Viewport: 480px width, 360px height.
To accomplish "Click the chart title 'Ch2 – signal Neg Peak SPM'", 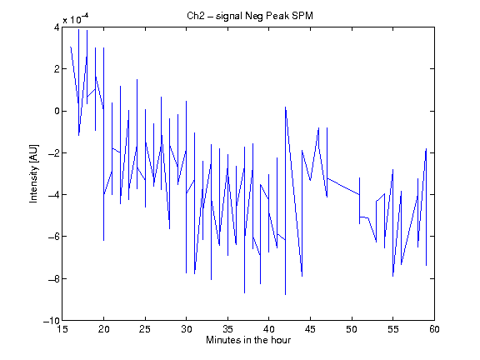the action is pos(250,16).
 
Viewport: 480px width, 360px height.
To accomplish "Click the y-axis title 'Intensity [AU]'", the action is pos(33,173).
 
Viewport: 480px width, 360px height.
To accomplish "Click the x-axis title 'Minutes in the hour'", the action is pos(248,340).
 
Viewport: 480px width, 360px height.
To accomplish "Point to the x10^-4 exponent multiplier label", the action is pos(76,19).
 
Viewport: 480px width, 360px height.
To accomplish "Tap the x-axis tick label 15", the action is pos(62,329).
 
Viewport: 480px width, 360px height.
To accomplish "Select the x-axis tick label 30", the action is pos(187,329).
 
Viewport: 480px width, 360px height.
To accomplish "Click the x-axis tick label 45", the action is pos(310,329).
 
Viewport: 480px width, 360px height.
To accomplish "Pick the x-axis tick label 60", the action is pos(434,329).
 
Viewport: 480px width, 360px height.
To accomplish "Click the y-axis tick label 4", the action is pos(57,27).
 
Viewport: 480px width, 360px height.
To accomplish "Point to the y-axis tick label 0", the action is pos(57,111).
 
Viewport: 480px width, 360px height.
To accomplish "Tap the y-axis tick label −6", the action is pos(53,237).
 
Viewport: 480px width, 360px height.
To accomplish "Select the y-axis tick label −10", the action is pos(52,321).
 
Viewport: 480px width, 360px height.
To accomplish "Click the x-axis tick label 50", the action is pos(352,329).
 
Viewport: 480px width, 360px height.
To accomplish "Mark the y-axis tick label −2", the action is pos(53,152).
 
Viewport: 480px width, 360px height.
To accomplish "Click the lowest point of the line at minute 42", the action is pos(285,294).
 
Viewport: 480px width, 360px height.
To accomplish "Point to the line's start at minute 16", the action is pos(70,47).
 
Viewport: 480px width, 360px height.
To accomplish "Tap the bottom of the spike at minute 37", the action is pos(244,293).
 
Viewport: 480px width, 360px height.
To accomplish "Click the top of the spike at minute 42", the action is pos(285,107).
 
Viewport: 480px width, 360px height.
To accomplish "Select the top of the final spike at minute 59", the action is pos(426,149).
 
